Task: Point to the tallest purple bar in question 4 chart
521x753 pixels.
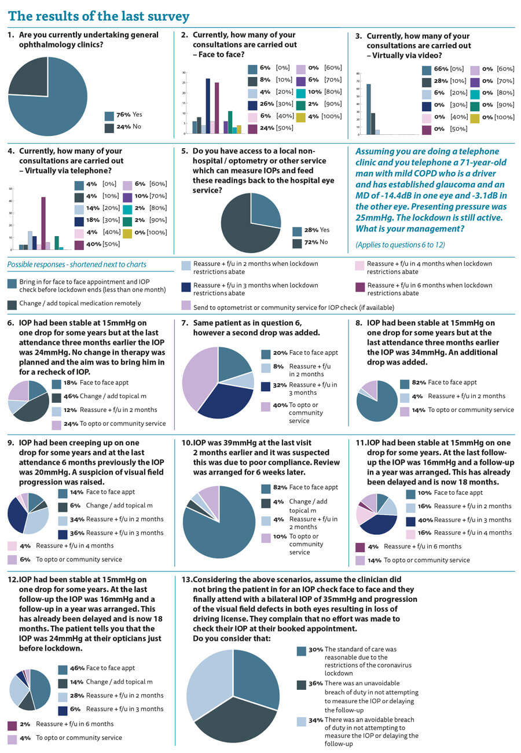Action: (43, 223)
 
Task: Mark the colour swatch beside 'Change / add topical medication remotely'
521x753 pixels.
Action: (12, 304)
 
